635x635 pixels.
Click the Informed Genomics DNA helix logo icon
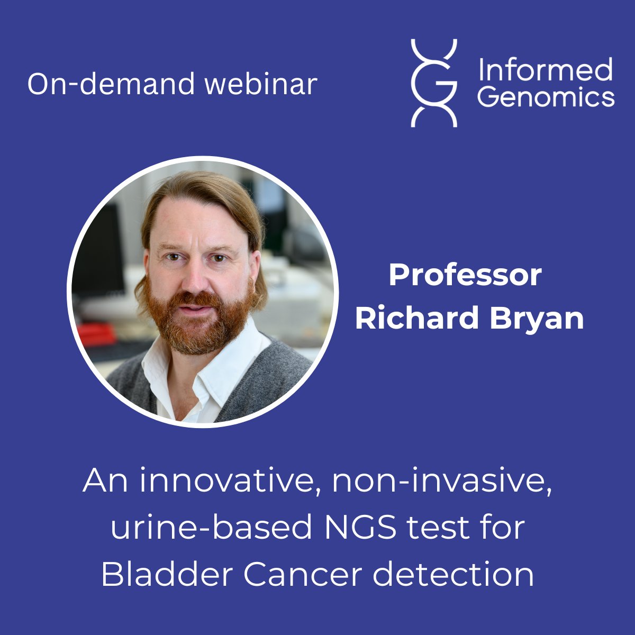pyautogui.click(x=434, y=83)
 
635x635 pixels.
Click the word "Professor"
pyautogui.click(x=465, y=275)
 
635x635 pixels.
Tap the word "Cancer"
pyautogui.click(x=304, y=574)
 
